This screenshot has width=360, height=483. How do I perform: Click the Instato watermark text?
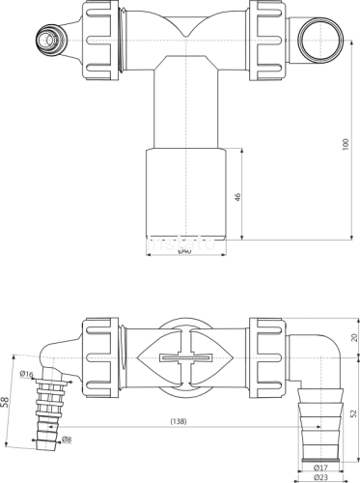coord(180,244)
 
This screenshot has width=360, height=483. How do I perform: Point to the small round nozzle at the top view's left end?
coord(45,41)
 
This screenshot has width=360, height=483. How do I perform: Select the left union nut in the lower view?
coord(100,357)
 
